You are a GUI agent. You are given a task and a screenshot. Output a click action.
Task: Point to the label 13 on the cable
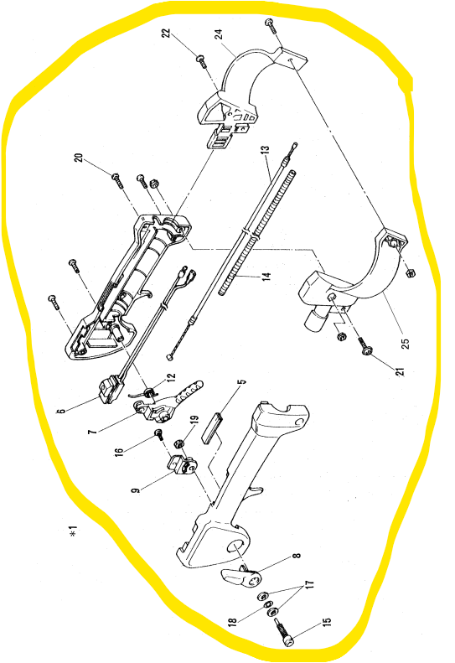coord(264,153)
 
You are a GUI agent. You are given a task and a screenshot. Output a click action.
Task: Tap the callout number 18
coord(231,621)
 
